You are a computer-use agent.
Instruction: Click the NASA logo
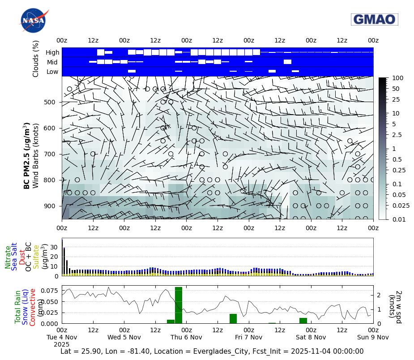point(33,21)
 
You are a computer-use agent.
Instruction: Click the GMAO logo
point(375,19)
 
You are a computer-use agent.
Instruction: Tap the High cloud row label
point(52,52)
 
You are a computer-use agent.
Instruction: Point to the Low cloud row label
point(52,72)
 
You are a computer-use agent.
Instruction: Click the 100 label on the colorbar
point(397,78)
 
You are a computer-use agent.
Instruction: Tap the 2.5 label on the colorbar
point(397,135)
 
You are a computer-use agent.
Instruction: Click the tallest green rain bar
point(179,305)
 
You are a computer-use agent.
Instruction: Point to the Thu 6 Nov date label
point(187,337)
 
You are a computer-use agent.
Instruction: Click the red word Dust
point(21,257)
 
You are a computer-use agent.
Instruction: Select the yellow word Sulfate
point(36,257)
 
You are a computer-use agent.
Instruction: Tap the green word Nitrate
point(8,257)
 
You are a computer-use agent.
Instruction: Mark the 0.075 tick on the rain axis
point(50,291)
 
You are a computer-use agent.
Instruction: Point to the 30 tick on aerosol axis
point(55,247)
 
